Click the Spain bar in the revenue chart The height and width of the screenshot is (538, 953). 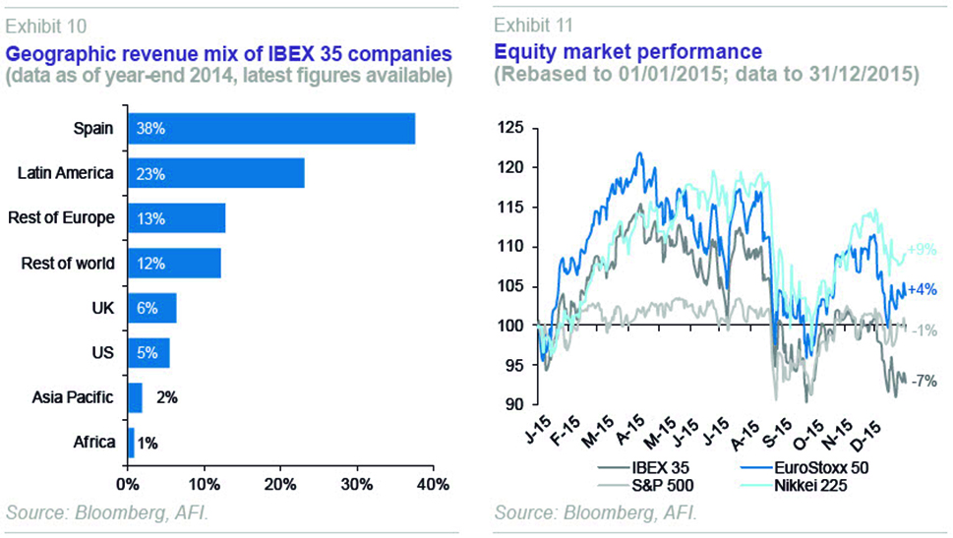[270, 129]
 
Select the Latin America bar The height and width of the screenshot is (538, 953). [215, 173]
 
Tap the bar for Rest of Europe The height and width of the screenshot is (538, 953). [176, 218]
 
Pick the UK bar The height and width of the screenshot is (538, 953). [151, 308]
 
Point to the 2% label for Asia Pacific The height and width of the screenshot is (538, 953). [167, 398]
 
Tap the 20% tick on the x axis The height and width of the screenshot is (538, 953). [279, 484]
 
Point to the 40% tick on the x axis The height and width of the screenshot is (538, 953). [433, 484]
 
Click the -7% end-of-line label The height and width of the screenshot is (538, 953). [923, 381]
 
